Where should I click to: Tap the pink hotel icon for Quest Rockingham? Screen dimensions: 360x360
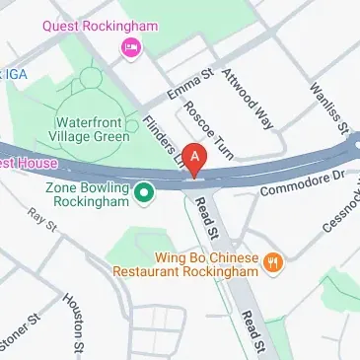[127, 46]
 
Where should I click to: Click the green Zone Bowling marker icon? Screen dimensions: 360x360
[144, 192]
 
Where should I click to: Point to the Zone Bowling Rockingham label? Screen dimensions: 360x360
[88, 194]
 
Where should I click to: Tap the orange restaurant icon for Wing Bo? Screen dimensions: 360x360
[273, 262]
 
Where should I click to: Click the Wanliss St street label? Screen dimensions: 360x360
[329, 108]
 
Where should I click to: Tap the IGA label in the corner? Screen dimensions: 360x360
[16, 75]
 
